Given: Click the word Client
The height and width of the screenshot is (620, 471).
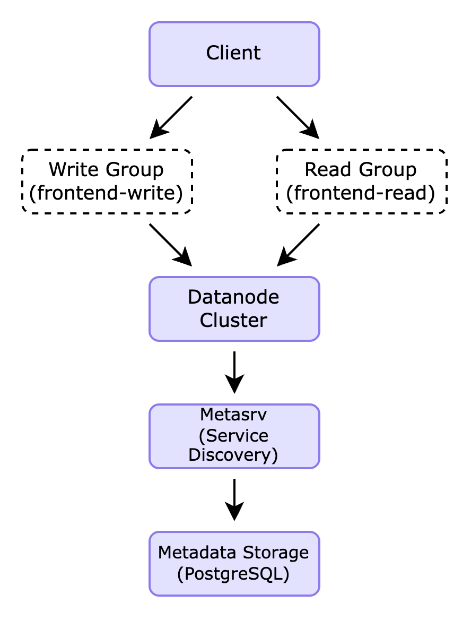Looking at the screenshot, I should (233, 53).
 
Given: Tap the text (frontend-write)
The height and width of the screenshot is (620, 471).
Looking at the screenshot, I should (106, 193).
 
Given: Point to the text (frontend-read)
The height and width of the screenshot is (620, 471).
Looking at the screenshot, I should (361, 193).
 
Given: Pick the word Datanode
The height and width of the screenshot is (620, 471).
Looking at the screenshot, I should (233, 297).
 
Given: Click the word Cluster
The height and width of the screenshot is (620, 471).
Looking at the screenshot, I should (233, 321).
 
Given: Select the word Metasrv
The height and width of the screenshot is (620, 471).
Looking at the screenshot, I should (233, 414).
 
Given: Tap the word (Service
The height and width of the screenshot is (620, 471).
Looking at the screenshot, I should (233, 436).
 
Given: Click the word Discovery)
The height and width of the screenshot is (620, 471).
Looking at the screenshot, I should (233, 455).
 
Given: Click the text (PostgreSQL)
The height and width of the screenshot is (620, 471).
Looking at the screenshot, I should (233, 574).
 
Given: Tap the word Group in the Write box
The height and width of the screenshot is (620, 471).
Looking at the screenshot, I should (135, 170).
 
